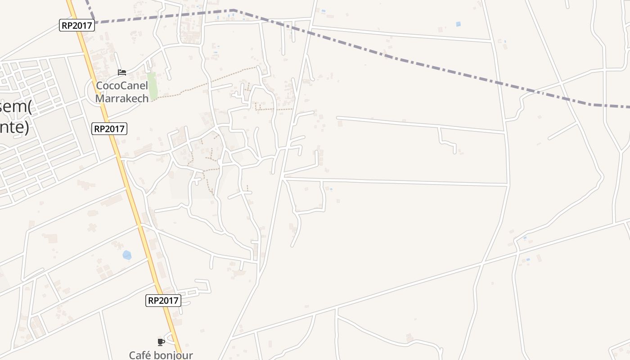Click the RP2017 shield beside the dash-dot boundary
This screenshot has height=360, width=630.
(x=77, y=25)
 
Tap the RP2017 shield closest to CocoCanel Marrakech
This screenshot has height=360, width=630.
(x=109, y=129)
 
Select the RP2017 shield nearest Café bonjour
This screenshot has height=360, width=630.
(x=163, y=301)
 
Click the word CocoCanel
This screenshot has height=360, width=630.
(x=122, y=85)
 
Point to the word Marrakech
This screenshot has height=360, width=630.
(x=122, y=98)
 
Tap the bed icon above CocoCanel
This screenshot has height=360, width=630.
(x=122, y=72)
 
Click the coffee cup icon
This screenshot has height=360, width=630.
(x=161, y=342)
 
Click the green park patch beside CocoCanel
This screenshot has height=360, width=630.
(x=153, y=85)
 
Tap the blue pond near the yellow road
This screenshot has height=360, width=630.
(x=127, y=255)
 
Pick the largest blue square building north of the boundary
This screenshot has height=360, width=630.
(x=458, y=24)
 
